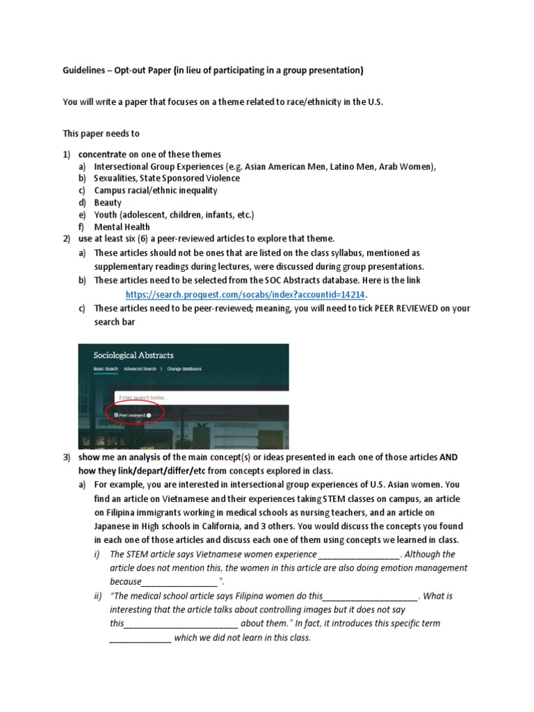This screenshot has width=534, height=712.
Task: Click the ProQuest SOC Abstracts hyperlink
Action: click(x=245, y=294)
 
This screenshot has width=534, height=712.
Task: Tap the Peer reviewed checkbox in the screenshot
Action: click(x=117, y=414)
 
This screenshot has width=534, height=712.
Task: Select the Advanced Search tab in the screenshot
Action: click(x=140, y=369)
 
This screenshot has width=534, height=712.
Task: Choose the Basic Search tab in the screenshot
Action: click(x=106, y=369)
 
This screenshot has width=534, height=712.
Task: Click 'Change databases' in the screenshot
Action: click(x=184, y=369)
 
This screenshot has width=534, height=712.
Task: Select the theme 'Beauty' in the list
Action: click(x=108, y=202)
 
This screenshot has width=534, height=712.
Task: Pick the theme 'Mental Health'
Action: click(x=122, y=227)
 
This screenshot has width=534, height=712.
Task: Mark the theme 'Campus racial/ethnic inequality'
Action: click(x=156, y=191)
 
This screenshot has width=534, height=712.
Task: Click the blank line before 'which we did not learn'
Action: click(x=140, y=638)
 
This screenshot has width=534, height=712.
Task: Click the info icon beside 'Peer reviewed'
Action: click(x=149, y=414)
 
